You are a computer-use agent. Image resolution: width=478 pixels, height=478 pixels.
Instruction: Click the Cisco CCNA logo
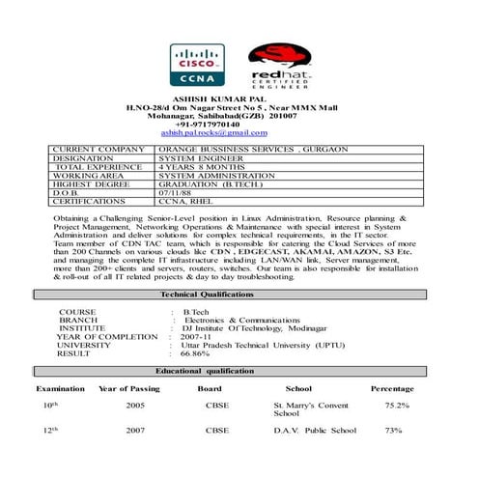pos(197,65)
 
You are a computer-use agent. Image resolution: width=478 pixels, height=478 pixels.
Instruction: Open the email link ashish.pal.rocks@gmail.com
pos(213,132)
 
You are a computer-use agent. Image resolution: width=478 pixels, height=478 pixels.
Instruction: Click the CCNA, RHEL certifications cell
pos(185,202)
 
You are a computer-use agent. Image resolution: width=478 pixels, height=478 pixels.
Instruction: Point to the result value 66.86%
pos(195,353)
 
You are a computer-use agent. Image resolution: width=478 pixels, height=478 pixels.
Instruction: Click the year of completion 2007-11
pos(202,336)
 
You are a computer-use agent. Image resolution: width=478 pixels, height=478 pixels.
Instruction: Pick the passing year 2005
pos(135,406)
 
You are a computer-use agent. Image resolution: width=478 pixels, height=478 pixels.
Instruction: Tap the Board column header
pos(210,388)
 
